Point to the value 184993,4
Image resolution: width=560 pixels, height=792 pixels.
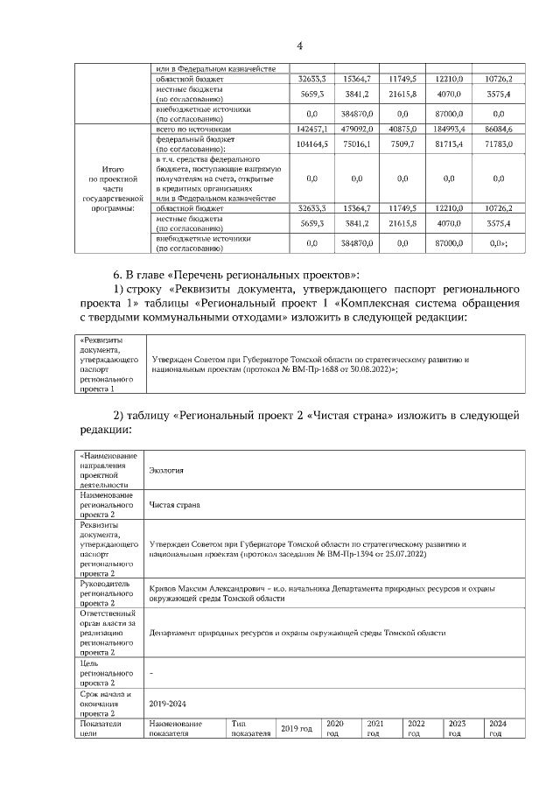coord(449,129)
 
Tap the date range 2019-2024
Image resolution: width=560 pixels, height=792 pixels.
coord(168,702)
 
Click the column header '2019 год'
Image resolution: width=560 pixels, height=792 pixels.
coord(296,728)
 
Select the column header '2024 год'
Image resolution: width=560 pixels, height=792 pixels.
coord(497,728)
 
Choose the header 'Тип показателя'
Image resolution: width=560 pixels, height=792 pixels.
coord(251,728)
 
